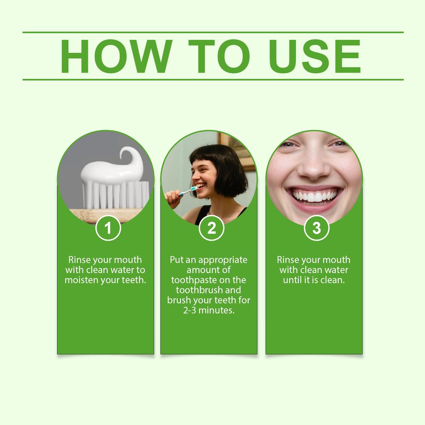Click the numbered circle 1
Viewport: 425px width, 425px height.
tap(108, 228)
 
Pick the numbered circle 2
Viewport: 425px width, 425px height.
tap(212, 228)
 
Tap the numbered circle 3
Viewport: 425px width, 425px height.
tap(316, 228)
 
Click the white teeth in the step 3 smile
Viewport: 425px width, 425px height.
tap(314, 195)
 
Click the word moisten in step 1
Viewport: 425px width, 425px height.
tap(82, 280)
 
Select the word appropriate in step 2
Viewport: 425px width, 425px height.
tap(222, 260)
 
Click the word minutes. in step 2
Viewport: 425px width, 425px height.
tap(217, 310)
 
